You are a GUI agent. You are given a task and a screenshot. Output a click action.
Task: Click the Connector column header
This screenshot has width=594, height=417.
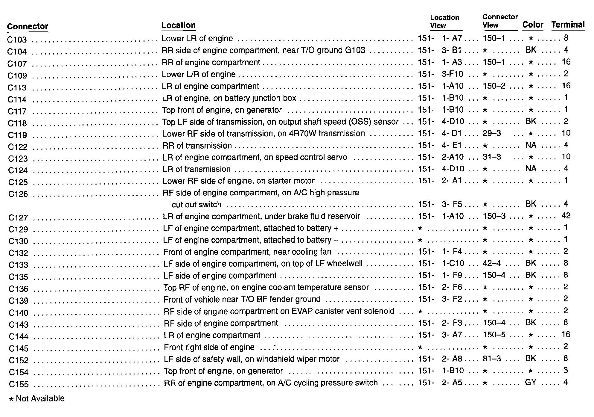[x=27, y=26]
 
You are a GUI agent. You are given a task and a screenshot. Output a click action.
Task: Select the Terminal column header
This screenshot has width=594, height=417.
[x=568, y=25]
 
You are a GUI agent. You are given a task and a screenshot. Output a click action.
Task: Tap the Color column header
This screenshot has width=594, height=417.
[x=532, y=25]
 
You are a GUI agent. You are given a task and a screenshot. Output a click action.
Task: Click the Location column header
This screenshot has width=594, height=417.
[x=178, y=25]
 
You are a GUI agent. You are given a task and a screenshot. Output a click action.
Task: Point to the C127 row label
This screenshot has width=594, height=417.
[x=18, y=217]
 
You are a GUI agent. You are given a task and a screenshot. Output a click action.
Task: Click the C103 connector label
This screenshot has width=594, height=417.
[x=17, y=40]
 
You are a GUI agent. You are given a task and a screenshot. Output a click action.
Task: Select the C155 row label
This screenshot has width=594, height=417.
[x=19, y=384]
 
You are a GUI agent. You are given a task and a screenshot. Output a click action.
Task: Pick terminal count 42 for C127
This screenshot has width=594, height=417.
[x=566, y=216]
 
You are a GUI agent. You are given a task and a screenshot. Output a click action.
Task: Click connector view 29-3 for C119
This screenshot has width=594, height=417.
[x=492, y=133]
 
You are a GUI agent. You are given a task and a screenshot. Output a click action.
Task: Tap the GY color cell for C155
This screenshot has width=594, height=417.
[x=531, y=382]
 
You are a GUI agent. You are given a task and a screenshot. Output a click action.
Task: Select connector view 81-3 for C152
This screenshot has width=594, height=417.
[x=492, y=359]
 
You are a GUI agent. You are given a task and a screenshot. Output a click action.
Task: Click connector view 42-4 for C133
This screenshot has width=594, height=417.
[x=492, y=263]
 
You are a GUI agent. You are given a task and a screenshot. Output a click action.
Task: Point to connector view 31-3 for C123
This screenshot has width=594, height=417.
[x=492, y=157]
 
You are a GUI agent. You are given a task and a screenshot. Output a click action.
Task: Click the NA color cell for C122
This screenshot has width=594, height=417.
[x=531, y=145]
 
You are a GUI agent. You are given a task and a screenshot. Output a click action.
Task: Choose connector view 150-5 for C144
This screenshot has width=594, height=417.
[x=494, y=335]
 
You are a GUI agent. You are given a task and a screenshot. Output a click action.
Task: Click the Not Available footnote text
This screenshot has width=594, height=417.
[x=40, y=398]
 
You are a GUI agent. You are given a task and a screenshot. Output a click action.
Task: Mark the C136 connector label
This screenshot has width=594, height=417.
[x=18, y=289]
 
